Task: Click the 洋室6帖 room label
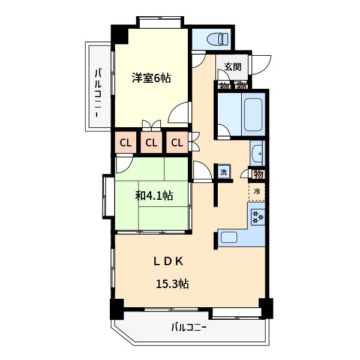[x=151, y=78]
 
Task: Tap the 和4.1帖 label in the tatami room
[x=154, y=196]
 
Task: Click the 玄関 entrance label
[x=232, y=67]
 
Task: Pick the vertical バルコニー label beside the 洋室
[x=98, y=93]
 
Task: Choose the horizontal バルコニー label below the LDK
[x=188, y=328]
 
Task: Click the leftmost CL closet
[x=125, y=143]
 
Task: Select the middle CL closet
[x=151, y=143]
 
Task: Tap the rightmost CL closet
[x=176, y=143]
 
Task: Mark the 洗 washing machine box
[x=223, y=172]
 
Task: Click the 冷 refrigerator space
[x=257, y=192]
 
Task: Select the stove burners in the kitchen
[x=258, y=217]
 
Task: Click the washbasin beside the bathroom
[x=257, y=154]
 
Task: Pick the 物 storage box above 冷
[x=258, y=175]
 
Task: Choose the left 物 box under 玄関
[x=224, y=85]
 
